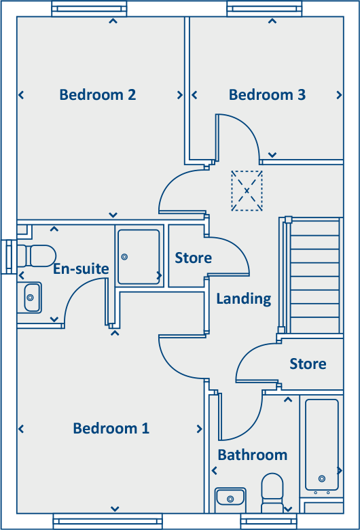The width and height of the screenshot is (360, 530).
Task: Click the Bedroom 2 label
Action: pyautogui.click(x=98, y=94)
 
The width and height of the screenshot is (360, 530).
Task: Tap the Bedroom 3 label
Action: pyautogui.click(x=267, y=94)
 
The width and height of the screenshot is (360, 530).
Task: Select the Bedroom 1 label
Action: pyautogui.click(x=111, y=428)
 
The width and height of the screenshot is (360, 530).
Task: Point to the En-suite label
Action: pyautogui.click(x=81, y=269)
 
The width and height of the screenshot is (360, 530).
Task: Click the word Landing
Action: pyautogui.click(x=243, y=298)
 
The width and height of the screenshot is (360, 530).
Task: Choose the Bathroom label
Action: pyautogui.click(x=252, y=455)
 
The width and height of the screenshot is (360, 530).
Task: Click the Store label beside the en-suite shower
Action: pyautogui.click(x=193, y=258)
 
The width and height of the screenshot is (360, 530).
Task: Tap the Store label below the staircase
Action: pyautogui.click(x=308, y=364)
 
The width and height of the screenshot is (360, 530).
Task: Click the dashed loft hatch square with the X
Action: pyautogui.click(x=247, y=190)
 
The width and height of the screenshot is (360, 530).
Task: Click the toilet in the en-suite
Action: pyautogui.click(x=37, y=256)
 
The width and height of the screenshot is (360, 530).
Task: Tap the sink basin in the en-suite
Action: pyautogui.click(x=32, y=297)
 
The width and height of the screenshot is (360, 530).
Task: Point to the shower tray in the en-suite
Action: pyautogui.click(x=139, y=257)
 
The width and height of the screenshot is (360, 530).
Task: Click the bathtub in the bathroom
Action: pyautogui.click(x=321, y=445)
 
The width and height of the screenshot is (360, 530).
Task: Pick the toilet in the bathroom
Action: pyautogui.click(x=273, y=495)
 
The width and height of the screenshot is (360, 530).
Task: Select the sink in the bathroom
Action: pyautogui.click(x=230, y=499)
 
